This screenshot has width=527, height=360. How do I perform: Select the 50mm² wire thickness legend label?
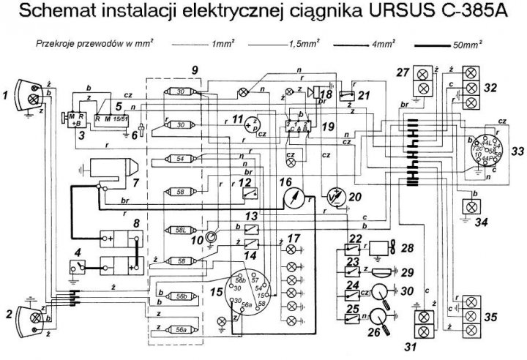tap(468, 45)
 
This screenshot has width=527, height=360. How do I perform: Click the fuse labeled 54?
tap(180, 159)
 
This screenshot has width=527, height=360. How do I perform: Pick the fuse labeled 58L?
tap(180, 230)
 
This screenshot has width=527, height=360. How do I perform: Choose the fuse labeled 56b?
tap(180, 297)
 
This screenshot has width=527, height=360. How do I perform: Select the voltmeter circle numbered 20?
tap(337, 195)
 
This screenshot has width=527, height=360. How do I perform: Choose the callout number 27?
tap(401, 71)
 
